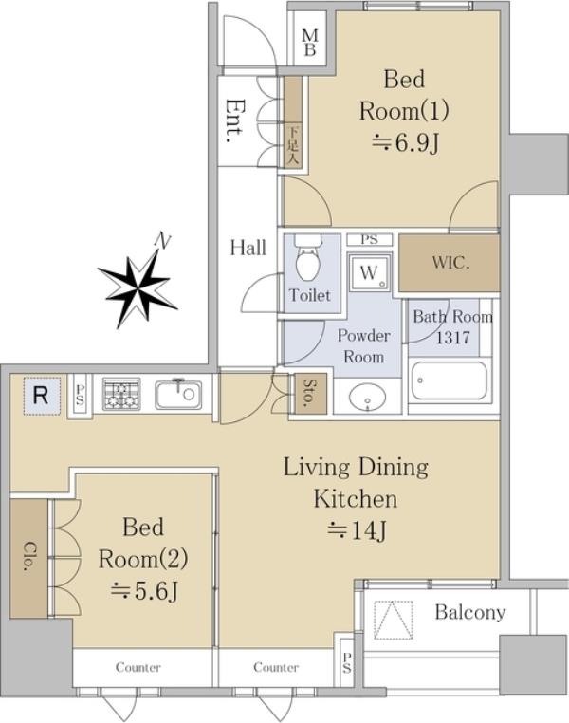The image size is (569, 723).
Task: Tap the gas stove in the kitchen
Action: coord(121,394)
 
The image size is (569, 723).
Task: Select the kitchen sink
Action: coord(178,395)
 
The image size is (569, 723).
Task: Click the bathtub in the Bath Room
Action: coord(450,380)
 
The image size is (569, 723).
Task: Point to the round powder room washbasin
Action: coord(367,397)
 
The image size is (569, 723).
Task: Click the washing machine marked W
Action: coord(370,272)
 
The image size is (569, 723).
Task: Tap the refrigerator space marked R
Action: coord(42,396)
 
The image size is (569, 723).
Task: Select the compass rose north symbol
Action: coord(138,287)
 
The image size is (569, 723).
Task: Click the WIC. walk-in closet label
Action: coord(450,263)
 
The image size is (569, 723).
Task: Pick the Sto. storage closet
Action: coord(310,394)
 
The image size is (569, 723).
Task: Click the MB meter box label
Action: coord(310,43)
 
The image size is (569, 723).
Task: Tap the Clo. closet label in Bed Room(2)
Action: coord(30,557)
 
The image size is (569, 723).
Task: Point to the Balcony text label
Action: coord(470,612)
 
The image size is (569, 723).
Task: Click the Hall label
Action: coord(248,248)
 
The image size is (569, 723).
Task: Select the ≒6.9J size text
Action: coord(405,143)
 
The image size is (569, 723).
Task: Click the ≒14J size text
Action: coord(357,530)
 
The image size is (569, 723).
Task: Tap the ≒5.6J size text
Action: coord(144,591)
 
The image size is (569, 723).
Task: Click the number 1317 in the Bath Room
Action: coord(453,338)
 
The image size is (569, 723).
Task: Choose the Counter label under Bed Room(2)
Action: coord(138,667)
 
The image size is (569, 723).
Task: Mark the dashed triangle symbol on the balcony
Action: coord(394,620)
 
